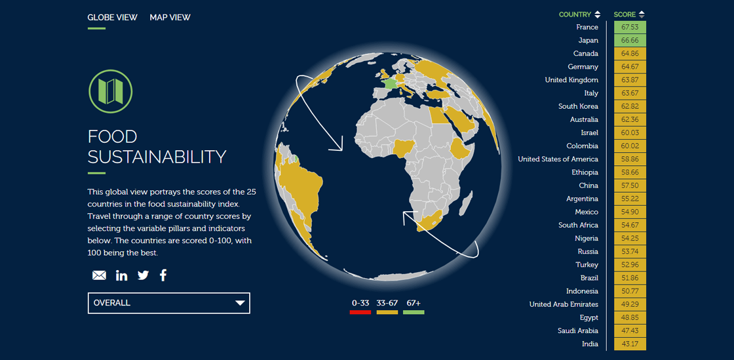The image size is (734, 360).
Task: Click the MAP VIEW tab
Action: pyautogui.click(x=170, y=17)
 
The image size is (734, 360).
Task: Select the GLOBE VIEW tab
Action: pyautogui.click(x=112, y=17)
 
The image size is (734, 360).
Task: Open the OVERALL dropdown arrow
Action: pyautogui.click(x=240, y=303)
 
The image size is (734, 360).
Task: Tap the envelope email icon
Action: pyautogui.click(x=99, y=275)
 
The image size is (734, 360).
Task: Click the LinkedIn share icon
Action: pyautogui.click(x=122, y=275)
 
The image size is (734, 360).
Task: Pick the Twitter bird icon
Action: pyautogui.click(x=144, y=275)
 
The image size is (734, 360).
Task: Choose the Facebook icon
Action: pyautogui.click(x=163, y=275)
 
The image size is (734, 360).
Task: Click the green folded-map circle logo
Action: pyautogui.click(x=111, y=91)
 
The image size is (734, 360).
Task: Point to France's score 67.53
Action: pyautogui.click(x=630, y=27)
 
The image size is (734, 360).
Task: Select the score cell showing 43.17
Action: pyautogui.click(x=630, y=344)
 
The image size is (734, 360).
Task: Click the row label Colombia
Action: pyautogui.click(x=582, y=146)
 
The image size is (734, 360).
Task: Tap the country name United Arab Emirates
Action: pyautogui.click(x=564, y=304)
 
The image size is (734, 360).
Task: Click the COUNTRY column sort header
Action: pyautogui.click(x=579, y=14)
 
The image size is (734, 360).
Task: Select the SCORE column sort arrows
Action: pyautogui.click(x=642, y=14)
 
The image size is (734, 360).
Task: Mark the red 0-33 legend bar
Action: pyautogui.click(x=360, y=312)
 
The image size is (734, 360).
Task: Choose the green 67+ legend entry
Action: pyautogui.click(x=414, y=307)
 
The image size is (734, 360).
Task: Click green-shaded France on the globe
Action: pyautogui.click(x=389, y=84)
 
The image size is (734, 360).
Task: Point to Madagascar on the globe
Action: pyautogui.click(x=463, y=207)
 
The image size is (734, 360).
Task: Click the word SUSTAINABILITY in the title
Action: pyautogui.click(x=157, y=157)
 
